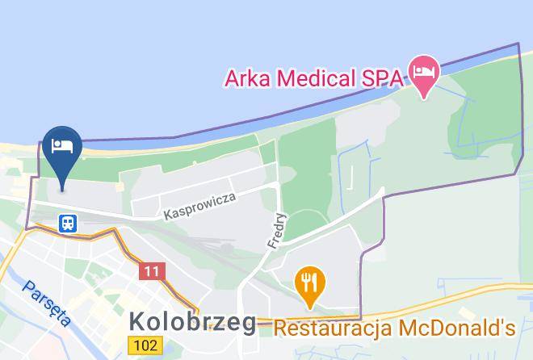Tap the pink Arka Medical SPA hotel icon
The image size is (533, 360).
click(x=423, y=72)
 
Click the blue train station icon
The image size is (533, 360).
click(x=68, y=222)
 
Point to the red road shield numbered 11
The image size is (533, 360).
click(x=151, y=270)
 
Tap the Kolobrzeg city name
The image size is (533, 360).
click(x=192, y=322)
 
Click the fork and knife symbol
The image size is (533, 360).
click(x=310, y=282)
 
